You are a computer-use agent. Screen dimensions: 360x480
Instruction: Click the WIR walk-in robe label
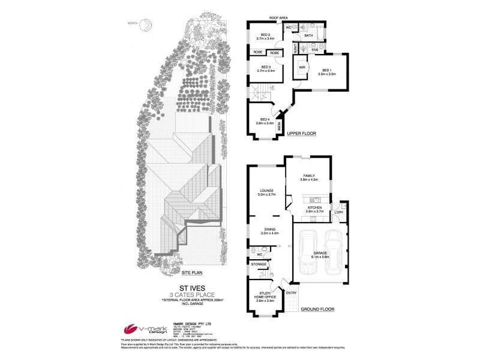coord(302,68)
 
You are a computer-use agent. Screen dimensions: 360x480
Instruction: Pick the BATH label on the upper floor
coord(308,36)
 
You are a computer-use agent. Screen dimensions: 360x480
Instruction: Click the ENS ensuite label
coord(314,49)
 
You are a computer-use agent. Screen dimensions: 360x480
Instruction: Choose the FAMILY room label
coord(308,176)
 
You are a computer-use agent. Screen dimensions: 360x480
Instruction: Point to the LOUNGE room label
coord(266,191)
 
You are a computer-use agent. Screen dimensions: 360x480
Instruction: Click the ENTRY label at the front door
coord(292,292)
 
